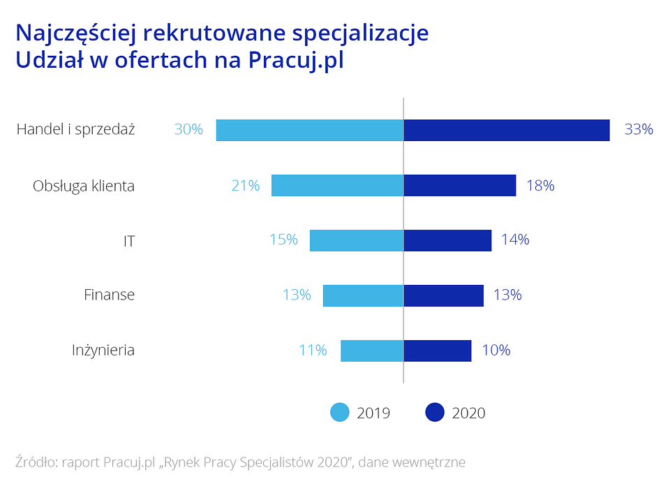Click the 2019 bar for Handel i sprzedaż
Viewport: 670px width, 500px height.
pyautogui.click(x=310, y=131)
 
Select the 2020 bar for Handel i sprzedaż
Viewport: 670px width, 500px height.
pyautogui.click(x=507, y=131)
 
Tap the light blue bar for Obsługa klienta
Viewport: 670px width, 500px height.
pyautogui.click(x=338, y=186)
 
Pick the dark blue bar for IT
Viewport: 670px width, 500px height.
pyautogui.click(x=447, y=240)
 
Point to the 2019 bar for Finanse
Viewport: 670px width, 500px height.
pyautogui.click(x=363, y=295)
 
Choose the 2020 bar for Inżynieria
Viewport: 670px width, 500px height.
pyautogui.click(x=438, y=351)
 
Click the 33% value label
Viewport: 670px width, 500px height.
pyautogui.click(x=639, y=130)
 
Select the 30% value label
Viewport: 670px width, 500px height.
pyautogui.click(x=188, y=130)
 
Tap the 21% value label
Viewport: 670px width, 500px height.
pyautogui.click(x=246, y=186)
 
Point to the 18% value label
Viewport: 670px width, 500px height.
pyautogui.click(x=540, y=186)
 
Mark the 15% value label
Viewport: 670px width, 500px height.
pyautogui.click(x=283, y=240)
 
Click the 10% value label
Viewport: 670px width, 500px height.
pyautogui.click(x=496, y=351)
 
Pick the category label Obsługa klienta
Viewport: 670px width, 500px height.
pyautogui.click(x=84, y=186)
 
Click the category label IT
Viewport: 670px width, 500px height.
pyautogui.click(x=128, y=241)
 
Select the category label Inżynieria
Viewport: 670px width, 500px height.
pyautogui.click(x=103, y=351)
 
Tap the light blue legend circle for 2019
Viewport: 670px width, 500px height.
pyautogui.click(x=339, y=413)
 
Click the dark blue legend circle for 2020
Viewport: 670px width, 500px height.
pyautogui.click(x=435, y=413)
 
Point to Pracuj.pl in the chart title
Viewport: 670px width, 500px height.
pyautogui.click(x=296, y=61)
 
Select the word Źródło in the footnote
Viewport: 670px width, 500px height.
pyautogui.click(x=35, y=462)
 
